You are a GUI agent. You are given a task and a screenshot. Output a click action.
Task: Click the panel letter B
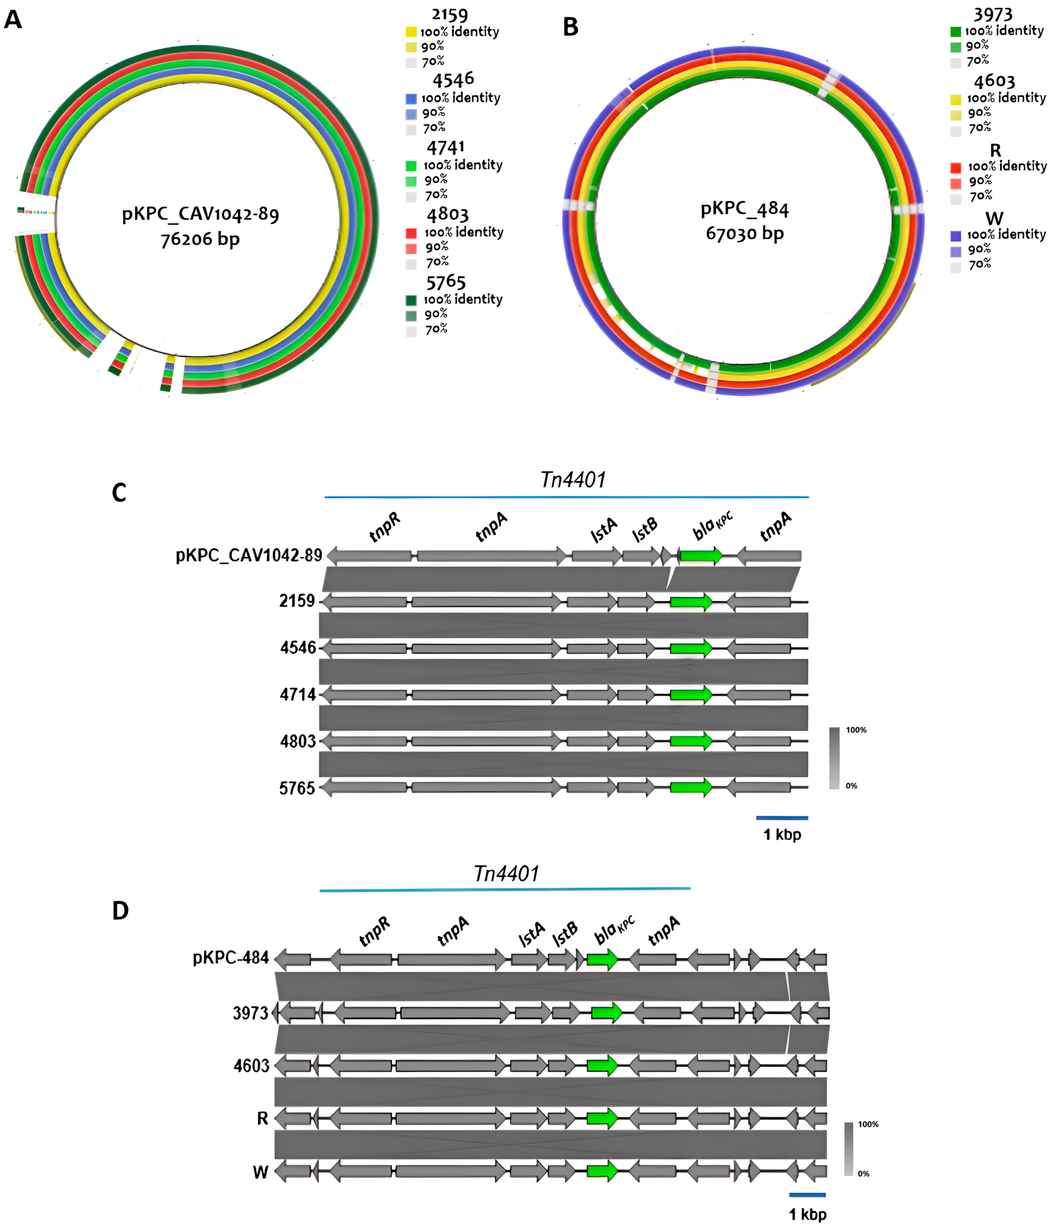570,27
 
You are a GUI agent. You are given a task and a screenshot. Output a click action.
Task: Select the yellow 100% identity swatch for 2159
411,32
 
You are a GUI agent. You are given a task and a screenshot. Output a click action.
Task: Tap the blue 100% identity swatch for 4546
411,98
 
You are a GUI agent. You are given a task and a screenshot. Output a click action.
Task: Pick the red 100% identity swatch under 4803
411,233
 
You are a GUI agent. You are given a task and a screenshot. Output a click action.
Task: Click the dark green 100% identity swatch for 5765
411,300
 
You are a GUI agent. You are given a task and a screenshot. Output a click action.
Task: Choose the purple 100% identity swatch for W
955,235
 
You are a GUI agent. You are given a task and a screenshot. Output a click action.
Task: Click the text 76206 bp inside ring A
200,239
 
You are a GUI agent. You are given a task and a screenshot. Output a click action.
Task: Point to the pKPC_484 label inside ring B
744,209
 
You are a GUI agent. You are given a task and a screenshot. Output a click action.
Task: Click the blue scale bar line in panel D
807,1194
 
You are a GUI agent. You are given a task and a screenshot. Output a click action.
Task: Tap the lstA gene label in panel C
603,530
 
